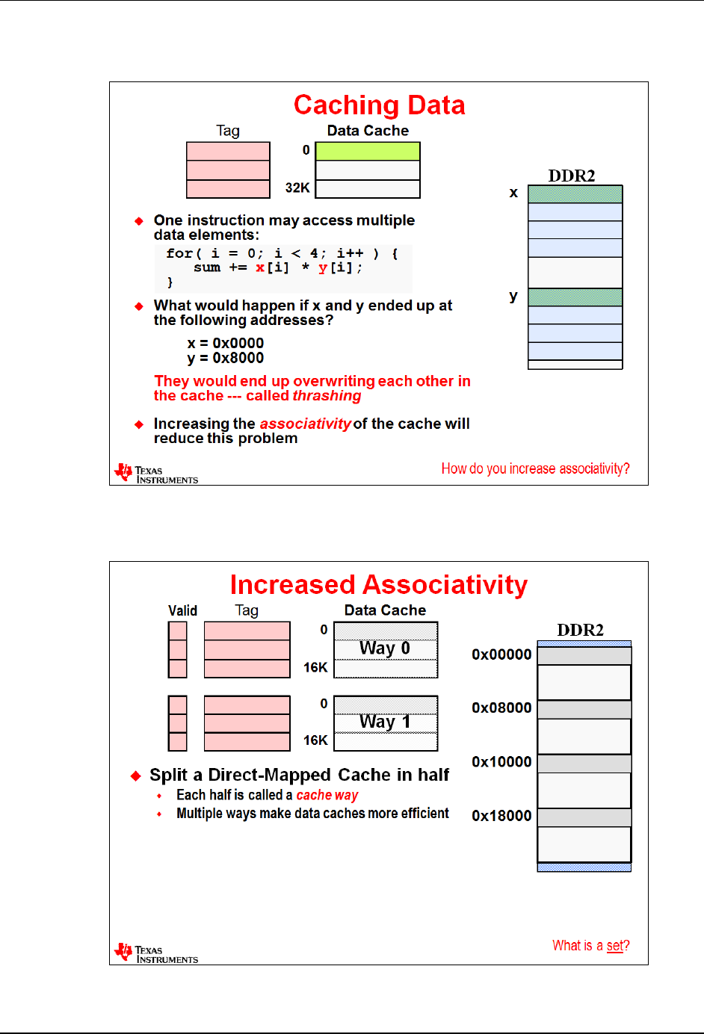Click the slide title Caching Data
pyautogui.click(x=379, y=105)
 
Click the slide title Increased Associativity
pyautogui.click(x=378, y=584)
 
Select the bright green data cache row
pyautogui.click(x=368, y=151)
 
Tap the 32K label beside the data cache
pyautogui.click(x=297, y=188)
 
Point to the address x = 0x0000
pyautogui.click(x=225, y=343)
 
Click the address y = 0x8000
pyautogui.click(x=225, y=358)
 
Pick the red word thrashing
pyautogui.click(x=327, y=396)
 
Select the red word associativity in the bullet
pyautogui.click(x=305, y=424)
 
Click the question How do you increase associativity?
pyautogui.click(x=535, y=468)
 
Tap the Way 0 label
pyautogui.click(x=385, y=648)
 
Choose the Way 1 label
pyautogui.click(x=385, y=722)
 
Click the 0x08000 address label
pyautogui.click(x=501, y=708)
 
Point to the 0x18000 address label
pyautogui.click(x=501, y=816)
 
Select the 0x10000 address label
pyautogui.click(x=501, y=762)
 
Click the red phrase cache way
pyautogui.click(x=327, y=795)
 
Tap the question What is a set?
pyautogui.click(x=590, y=946)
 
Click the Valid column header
pyautogui.click(x=182, y=610)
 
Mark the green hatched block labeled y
pyautogui.click(x=575, y=297)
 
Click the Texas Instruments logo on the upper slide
pyautogui.click(x=156, y=474)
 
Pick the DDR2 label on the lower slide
pyautogui.click(x=580, y=630)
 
